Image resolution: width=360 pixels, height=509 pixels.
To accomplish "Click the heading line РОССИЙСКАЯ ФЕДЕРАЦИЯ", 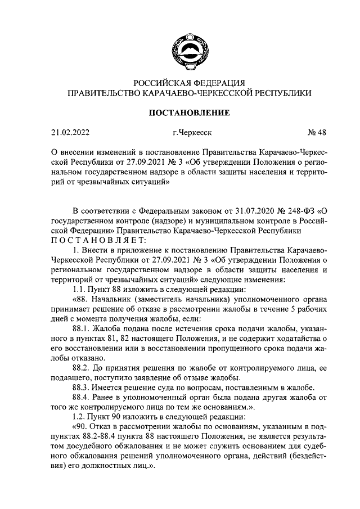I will click(188, 83).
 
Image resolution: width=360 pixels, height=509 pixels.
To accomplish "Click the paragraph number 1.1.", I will click(79, 287).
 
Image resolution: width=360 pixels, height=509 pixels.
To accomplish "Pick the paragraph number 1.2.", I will click(80, 418).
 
